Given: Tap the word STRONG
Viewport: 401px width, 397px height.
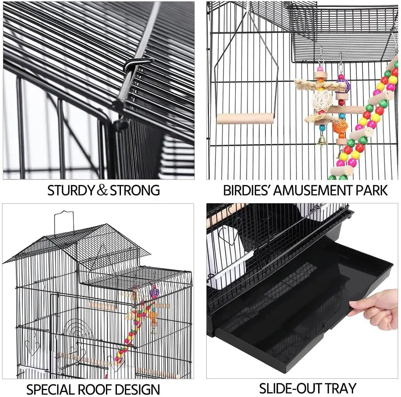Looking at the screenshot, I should (135, 190).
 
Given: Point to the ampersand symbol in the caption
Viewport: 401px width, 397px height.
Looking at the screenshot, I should (102, 190).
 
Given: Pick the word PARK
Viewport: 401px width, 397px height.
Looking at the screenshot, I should (371, 190).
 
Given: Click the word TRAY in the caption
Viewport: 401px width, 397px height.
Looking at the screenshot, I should (341, 387).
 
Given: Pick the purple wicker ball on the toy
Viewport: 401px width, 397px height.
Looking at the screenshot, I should (344, 85).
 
